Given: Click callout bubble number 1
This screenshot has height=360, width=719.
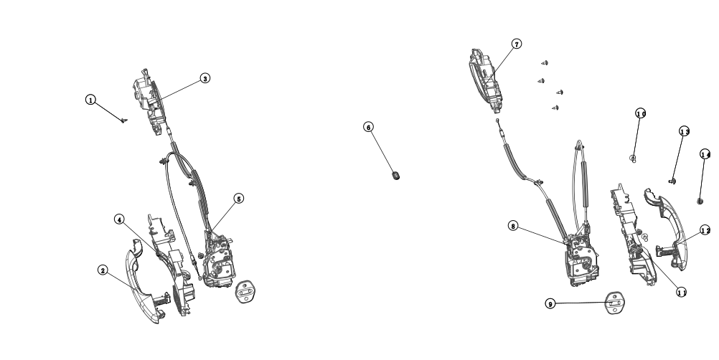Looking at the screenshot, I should [90, 100].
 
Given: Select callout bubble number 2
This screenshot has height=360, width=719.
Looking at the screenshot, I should [103, 270].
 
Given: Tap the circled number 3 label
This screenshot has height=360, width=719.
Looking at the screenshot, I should [205, 78].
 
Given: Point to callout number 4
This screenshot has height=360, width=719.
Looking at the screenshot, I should [119, 219].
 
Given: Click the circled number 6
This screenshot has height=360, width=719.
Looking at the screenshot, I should [369, 127].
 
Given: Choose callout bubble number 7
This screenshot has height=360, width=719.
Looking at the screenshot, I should [517, 44].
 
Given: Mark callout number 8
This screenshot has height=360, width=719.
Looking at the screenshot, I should [513, 226].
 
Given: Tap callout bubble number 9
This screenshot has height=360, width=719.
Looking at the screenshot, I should [550, 304].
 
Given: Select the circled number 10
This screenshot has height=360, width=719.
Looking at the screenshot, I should [641, 113].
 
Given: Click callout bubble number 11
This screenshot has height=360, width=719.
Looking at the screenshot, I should [682, 292].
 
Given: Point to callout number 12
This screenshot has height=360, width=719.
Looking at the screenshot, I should [705, 230].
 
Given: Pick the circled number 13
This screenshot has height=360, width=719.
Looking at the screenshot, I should [685, 131].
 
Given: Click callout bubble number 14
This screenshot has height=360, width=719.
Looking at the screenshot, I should [705, 155].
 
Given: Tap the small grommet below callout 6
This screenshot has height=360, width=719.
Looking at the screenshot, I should [395, 173].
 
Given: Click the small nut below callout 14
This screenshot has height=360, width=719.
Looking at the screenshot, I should [700, 202].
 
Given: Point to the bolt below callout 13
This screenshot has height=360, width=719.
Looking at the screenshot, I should [673, 180].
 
